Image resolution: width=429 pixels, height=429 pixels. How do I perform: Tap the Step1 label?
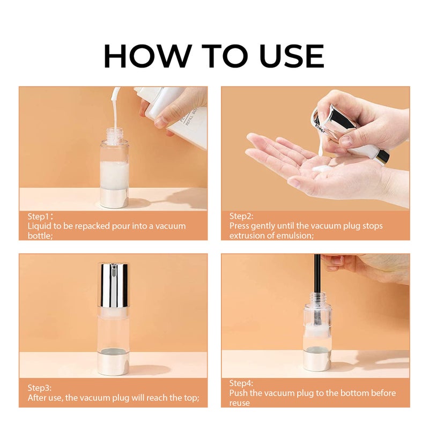click(x=40, y=217)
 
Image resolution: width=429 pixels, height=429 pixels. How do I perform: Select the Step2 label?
click(x=241, y=216)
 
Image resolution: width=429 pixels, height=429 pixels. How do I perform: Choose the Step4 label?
click(x=241, y=383)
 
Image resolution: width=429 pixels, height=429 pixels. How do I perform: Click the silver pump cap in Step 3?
click(x=113, y=285)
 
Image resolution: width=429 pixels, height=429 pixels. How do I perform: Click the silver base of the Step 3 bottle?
click(x=113, y=363)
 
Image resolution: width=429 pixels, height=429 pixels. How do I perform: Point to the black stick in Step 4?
click(x=317, y=279)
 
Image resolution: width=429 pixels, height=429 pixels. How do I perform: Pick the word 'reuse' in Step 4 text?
click(x=240, y=403)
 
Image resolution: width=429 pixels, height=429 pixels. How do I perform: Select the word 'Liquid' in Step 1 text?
click(x=40, y=226)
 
